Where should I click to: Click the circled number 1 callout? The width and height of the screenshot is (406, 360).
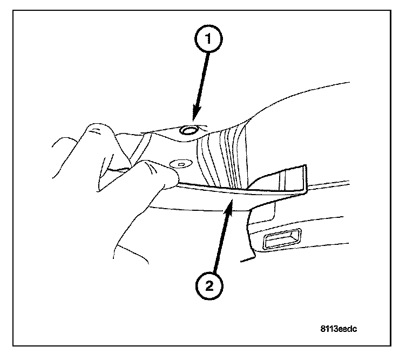pos(208,38)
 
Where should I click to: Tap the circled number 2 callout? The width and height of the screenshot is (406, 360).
pos(209,286)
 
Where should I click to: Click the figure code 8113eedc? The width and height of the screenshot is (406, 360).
pos(339,329)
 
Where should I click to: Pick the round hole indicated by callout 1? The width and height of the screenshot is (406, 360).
pos(188,130)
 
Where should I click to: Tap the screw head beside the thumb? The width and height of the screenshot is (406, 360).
pos(181,164)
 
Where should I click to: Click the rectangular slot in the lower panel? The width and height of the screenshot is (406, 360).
pos(282,239)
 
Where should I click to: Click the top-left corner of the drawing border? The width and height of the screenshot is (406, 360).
pos(13,10)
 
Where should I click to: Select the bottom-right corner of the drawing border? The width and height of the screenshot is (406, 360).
pos(391,345)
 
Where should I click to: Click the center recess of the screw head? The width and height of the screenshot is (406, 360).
pos(181,164)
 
